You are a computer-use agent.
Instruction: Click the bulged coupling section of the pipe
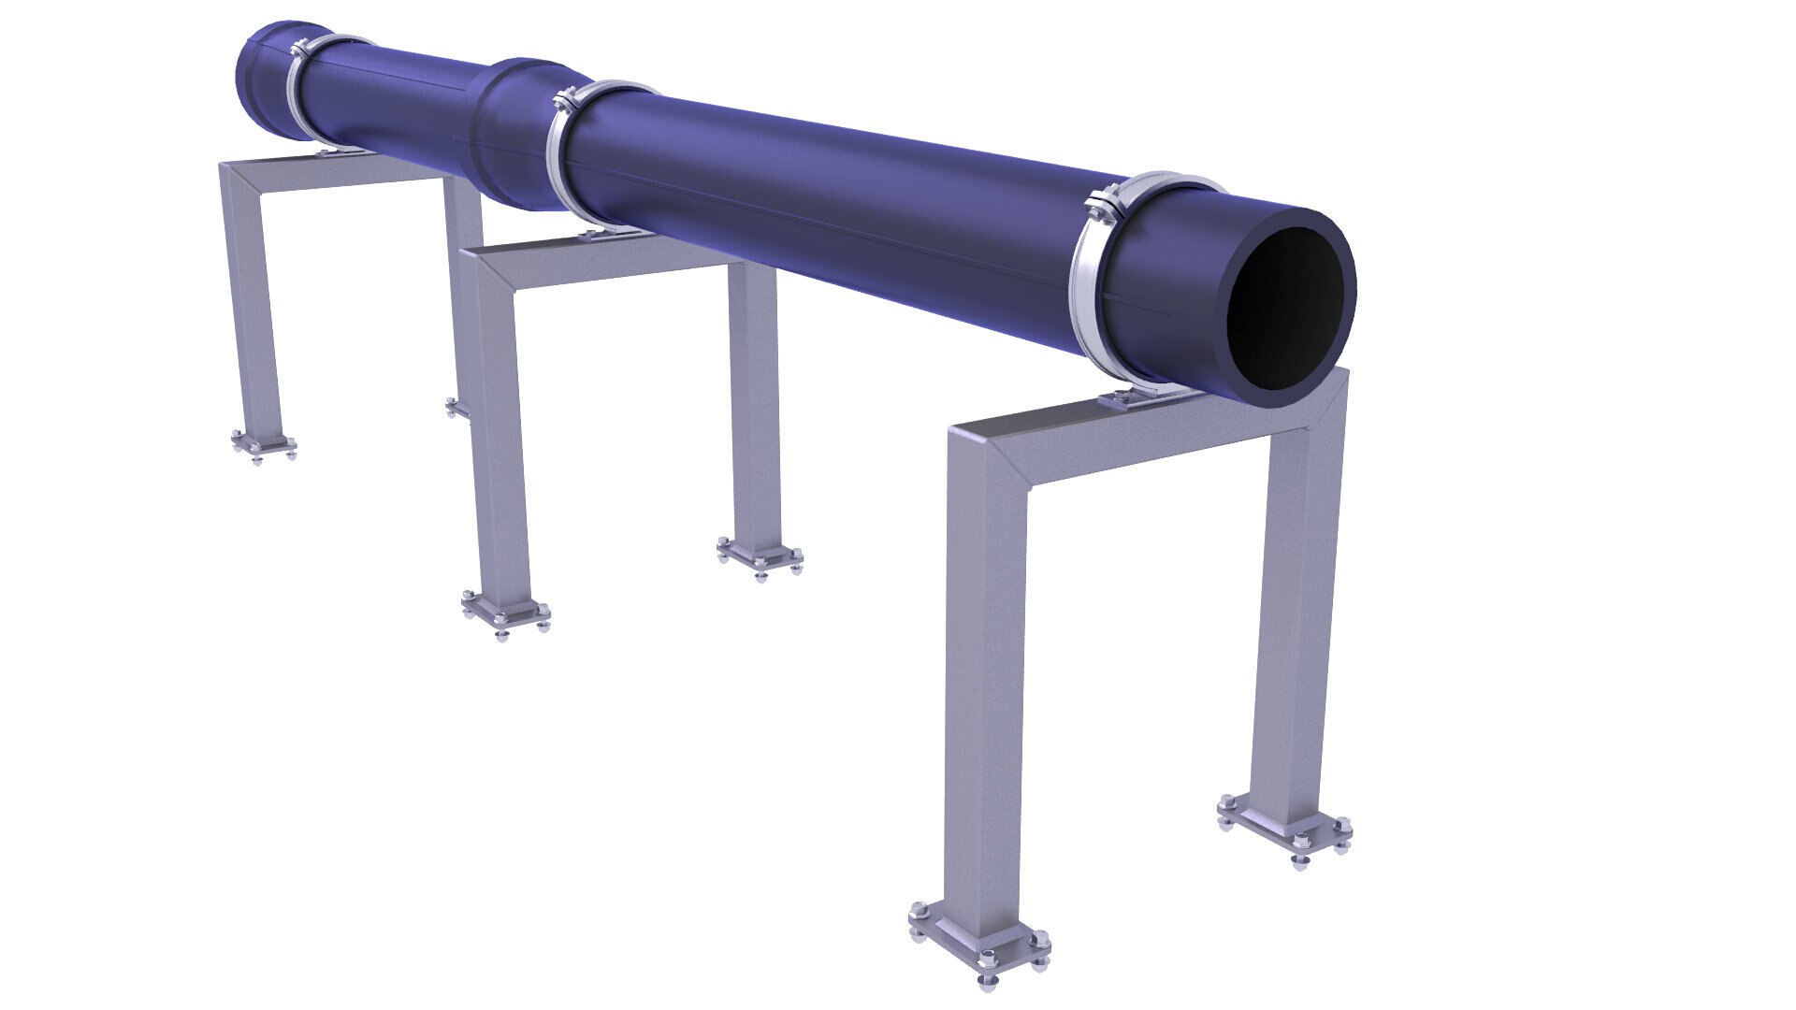pyautogui.click(x=510, y=131)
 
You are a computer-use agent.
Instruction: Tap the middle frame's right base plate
pyautogui.click(x=760, y=556)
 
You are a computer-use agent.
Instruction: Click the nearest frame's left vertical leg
pyautogui.click(x=982, y=692)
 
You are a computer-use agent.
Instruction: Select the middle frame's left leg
pyautogui.click(x=500, y=430)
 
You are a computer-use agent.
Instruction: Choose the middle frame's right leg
pyautogui.click(x=756, y=402)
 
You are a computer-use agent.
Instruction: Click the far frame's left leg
pyautogui.click(x=254, y=299)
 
